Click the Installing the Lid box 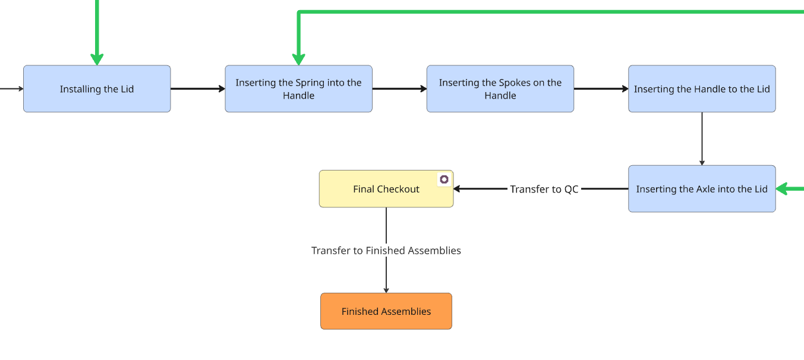(97, 89)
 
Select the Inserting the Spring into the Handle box (298, 89)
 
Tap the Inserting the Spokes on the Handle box (500, 89)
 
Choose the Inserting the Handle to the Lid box (702, 89)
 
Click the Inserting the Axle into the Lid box (702, 189)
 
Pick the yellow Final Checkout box (386, 189)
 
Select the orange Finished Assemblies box (386, 311)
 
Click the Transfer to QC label (544, 189)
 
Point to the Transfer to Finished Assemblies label (386, 251)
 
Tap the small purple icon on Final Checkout (444, 179)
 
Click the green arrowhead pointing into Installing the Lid (97, 59)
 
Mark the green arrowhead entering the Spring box (299, 59)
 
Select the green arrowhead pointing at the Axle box (783, 189)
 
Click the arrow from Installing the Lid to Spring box (197, 89)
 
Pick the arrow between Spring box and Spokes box (399, 89)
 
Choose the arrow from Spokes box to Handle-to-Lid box (601, 89)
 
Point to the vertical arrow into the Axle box (702, 138)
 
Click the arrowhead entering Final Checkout (458, 189)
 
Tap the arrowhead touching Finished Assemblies (386, 290)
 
